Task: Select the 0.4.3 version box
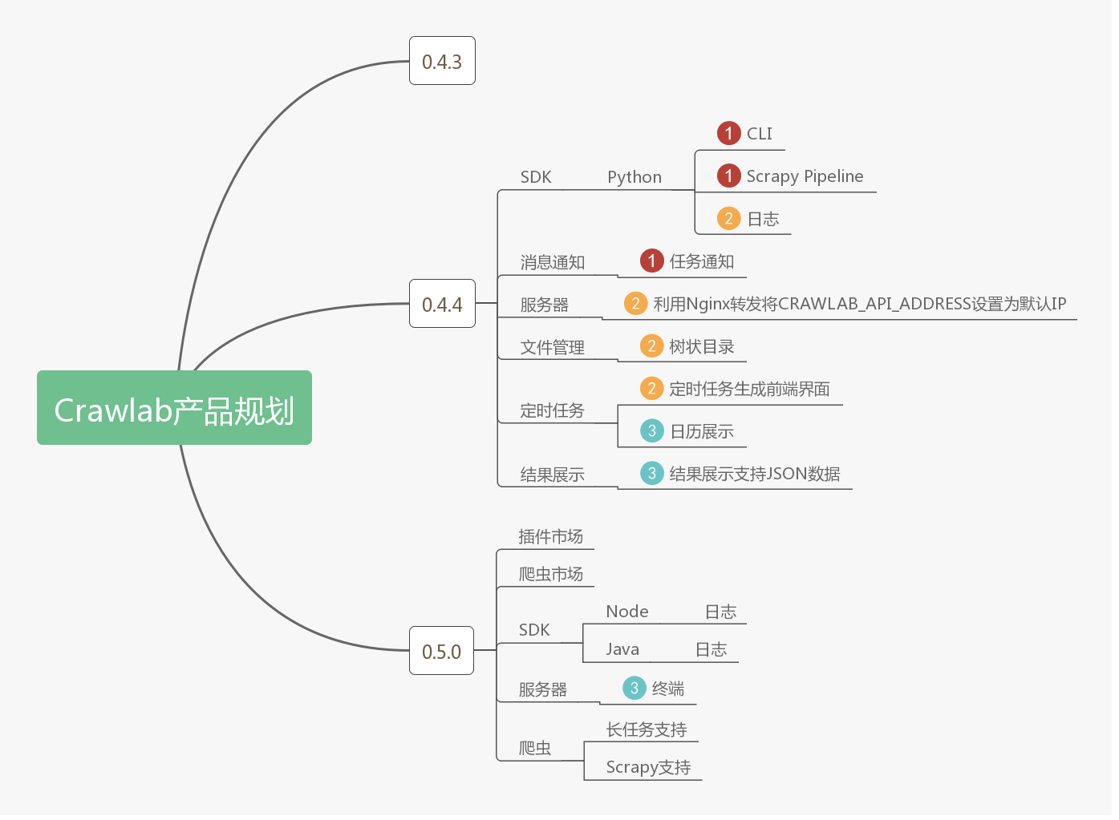tap(442, 61)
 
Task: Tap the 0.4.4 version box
tap(442, 304)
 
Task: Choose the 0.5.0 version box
tap(441, 651)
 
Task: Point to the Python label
tap(635, 177)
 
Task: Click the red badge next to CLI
tap(728, 133)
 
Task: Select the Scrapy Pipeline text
tap(805, 176)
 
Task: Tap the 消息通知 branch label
tap(552, 262)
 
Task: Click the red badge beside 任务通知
tap(651, 261)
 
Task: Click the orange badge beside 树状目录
tap(651, 346)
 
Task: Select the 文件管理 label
tap(552, 347)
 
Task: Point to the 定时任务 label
tap(552, 410)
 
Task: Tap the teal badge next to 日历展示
tap(651, 431)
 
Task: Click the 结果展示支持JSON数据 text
tap(754, 474)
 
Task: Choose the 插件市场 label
tap(550, 536)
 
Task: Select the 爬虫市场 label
tap(550, 574)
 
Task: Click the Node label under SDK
tap(627, 612)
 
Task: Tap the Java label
tap(622, 649)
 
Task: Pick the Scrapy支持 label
tap(648, 767)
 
